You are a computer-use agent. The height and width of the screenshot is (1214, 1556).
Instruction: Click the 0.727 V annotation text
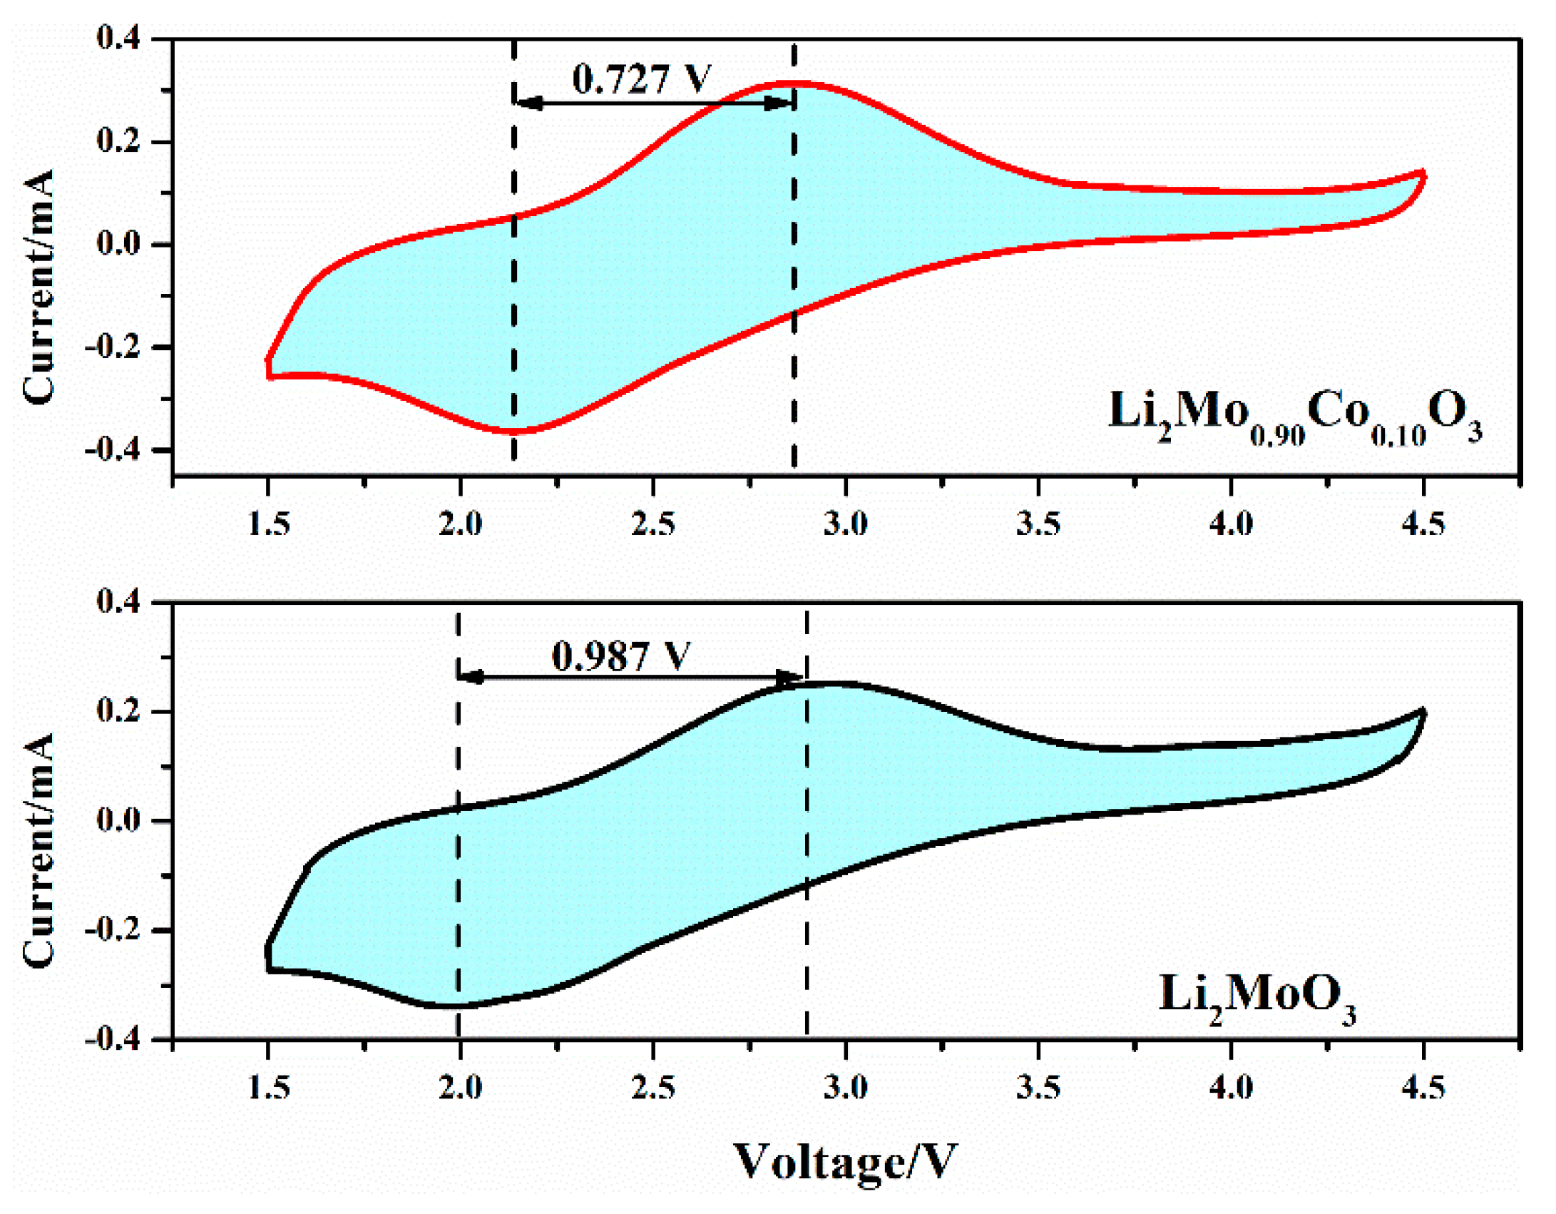[641, 78]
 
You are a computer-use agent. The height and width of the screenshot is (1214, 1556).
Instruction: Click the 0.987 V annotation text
[620, 656]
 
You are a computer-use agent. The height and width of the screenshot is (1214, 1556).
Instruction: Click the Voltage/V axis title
[846, 1163]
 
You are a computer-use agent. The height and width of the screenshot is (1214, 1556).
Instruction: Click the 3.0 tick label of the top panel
[846, 524]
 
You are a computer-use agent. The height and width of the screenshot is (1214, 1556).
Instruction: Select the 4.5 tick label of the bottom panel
[1423, 1088]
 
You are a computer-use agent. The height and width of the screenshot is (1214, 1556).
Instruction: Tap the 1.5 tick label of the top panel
[269, 524]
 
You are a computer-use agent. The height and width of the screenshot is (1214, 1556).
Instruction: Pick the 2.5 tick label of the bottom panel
[653, 1088]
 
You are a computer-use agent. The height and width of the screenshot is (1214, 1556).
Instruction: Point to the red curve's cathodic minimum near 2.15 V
[513, 431]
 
